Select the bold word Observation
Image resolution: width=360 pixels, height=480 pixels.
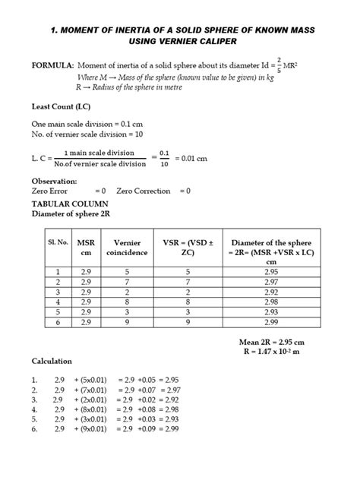coord(54,182)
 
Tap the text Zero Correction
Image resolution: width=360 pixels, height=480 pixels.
coord(153,191)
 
